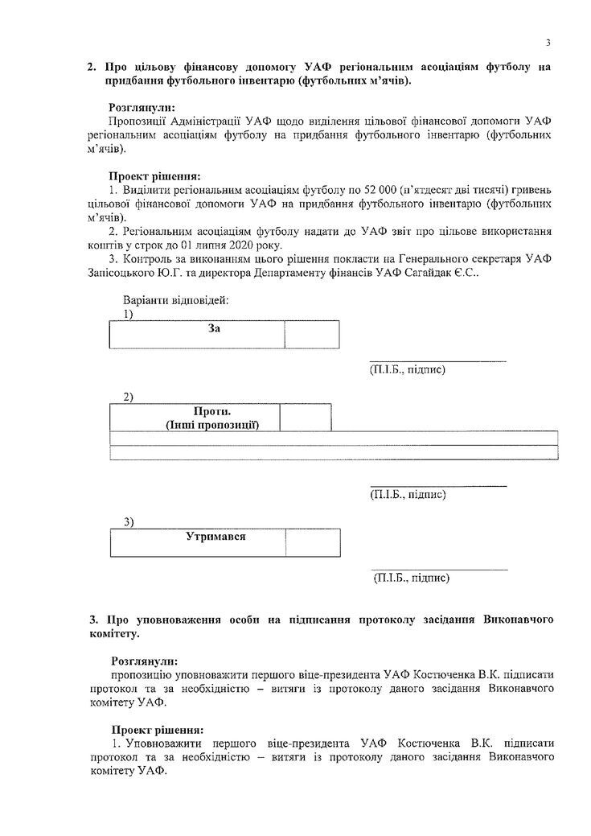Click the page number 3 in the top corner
click(x=547, y=43)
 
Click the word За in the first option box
click(x=214, y=329)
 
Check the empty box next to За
click(x=312, y=334)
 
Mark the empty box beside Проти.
click(x=305, y=417)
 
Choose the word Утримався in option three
click(x=215, y=536)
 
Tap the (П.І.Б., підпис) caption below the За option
click(x=407, y=369)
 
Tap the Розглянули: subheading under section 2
click(x=142, y=106)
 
